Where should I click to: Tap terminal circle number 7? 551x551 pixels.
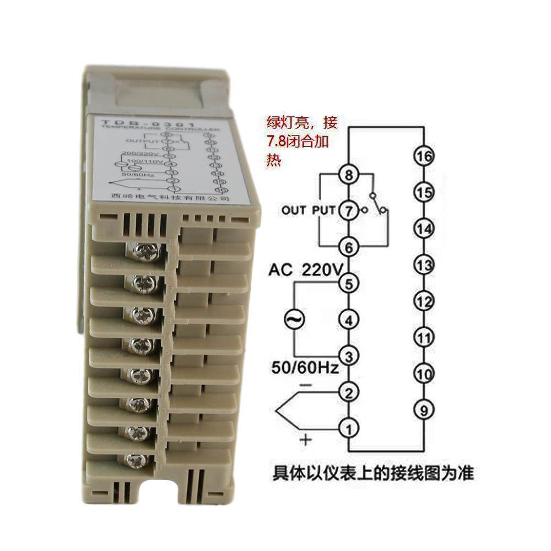349,210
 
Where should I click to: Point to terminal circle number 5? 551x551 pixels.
349,284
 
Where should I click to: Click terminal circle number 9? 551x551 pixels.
423,409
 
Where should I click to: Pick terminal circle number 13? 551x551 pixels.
423,265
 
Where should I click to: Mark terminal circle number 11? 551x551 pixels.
423,337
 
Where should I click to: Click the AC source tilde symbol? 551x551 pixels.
293,318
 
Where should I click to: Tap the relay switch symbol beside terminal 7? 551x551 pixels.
378,204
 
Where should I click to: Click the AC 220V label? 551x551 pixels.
305,270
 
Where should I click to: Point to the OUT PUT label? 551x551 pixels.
308,210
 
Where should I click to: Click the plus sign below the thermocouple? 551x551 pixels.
306,440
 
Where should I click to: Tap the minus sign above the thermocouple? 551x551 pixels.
306,385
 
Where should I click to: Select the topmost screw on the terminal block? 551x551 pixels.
144,252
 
